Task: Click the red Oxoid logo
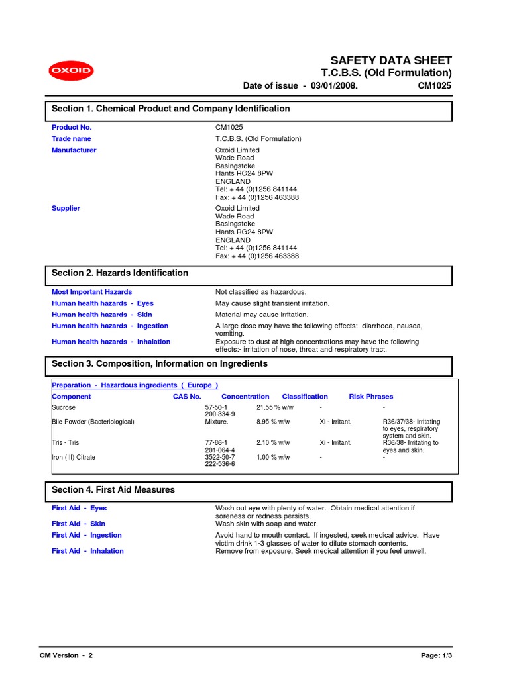tap(71, 72)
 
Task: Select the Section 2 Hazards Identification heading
tap(120, 273)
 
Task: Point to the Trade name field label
tap(72, 139)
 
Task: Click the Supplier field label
tap(66, 209)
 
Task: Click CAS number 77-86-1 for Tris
tap(216, 442)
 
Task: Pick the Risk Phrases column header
tap(370, 397)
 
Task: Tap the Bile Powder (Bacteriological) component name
tap(93, 422)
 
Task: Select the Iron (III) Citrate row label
tap(74, 457)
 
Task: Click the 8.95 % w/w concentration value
tap(273, 422)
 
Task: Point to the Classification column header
tap(305, 397)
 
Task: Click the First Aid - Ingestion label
tap(87, 535)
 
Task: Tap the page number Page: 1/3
tap(436, 655)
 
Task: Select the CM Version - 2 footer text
tap(66, 655)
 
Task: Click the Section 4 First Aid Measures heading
tap(113, 490)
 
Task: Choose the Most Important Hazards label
tap(91, 292)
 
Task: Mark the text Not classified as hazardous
tap(261, 292)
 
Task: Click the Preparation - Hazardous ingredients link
tap(135, 385)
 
